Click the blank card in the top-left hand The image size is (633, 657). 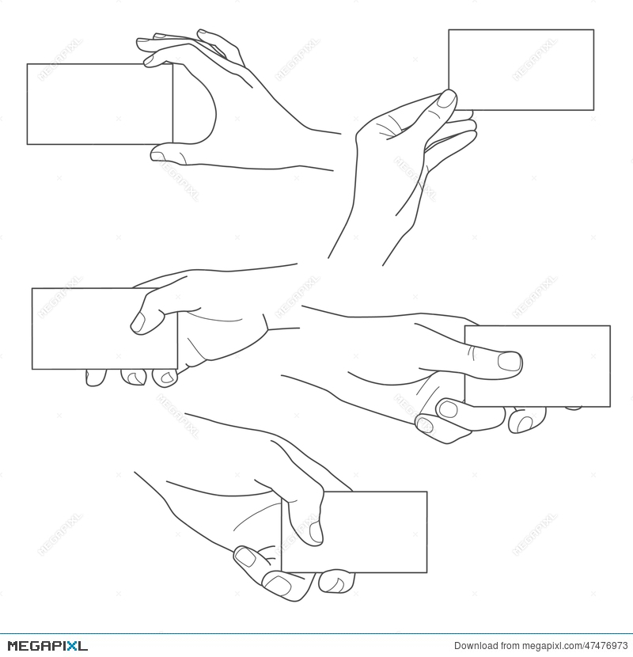tap(95, 104)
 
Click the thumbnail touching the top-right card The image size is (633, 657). tap(447, 100)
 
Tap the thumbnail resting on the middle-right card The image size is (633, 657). tap(510, 362)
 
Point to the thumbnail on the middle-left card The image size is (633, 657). tap(138, 321)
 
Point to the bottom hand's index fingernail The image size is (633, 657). tap(246, 557)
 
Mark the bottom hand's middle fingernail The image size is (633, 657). tap(278, 585)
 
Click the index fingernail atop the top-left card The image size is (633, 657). tap(150, 59)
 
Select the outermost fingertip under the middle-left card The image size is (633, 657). tap(95, 378)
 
